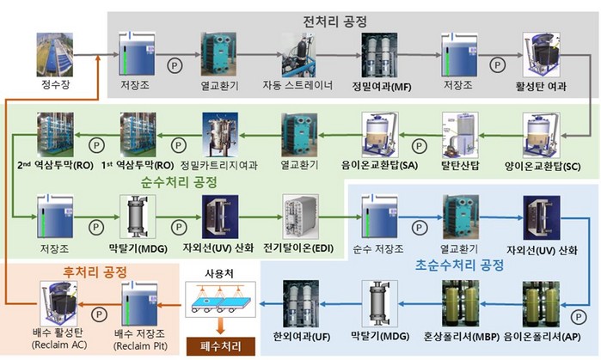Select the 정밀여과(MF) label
pos(380,86)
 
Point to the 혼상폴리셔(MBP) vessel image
pos(463,304)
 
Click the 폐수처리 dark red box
pos(214,348)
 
